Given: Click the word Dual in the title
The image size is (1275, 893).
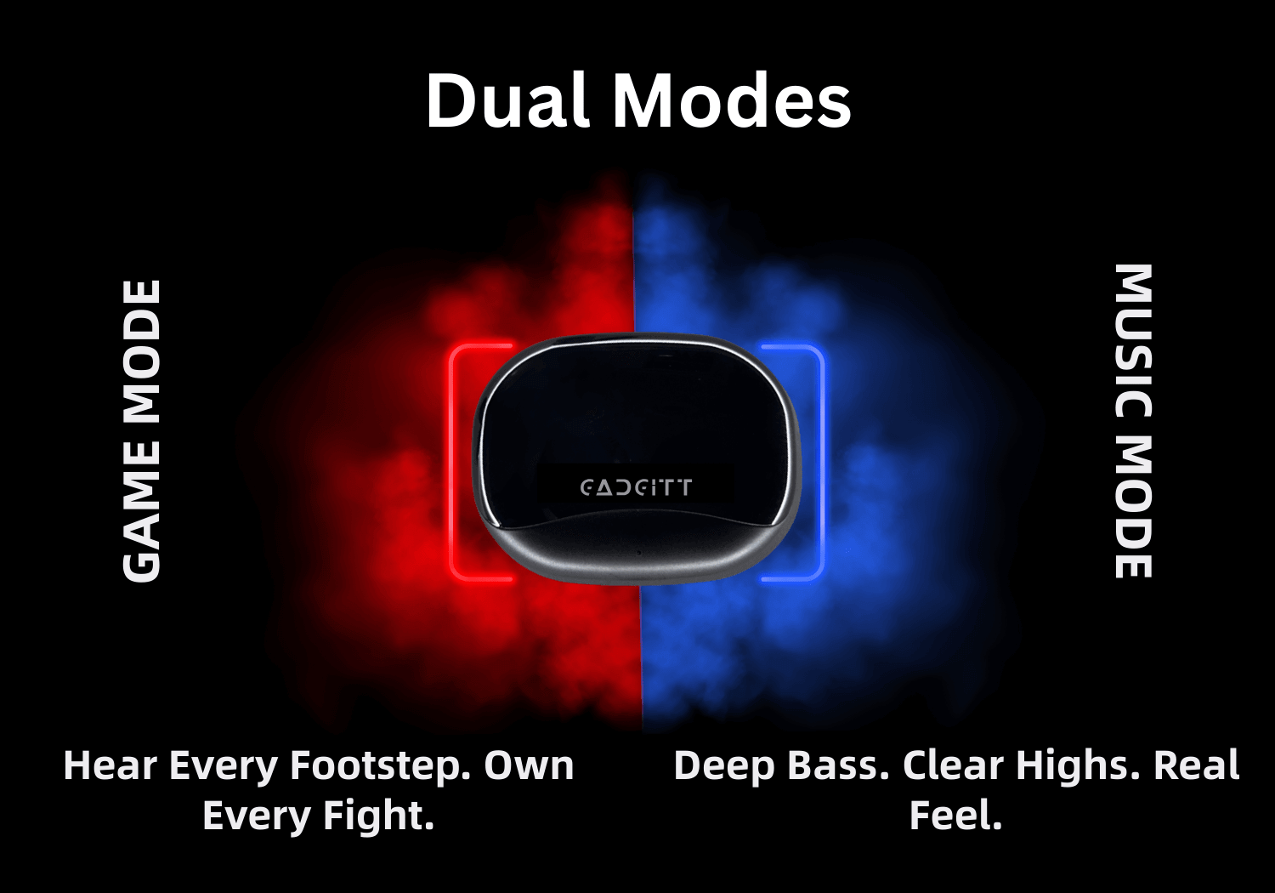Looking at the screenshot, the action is click(x=507, y=101).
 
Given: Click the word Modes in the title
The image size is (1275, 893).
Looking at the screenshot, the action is click(x=732, y=101).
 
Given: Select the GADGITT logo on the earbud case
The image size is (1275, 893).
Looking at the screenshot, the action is click(x=637, y=487).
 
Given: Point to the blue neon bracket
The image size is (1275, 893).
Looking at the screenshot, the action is click(x=821, y=463).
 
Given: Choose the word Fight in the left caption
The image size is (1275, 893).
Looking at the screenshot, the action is click(x=378, y=816).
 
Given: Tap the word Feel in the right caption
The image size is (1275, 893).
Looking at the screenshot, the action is click(x=955, y=815).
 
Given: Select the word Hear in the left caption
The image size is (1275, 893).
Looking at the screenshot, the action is click(x=110, y=766).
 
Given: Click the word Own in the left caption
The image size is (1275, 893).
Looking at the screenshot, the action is click(x=529, y=766).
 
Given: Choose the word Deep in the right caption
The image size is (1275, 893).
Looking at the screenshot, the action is click(x=723, y=766).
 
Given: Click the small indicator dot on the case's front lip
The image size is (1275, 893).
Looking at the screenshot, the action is click(x=639, y=553).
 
